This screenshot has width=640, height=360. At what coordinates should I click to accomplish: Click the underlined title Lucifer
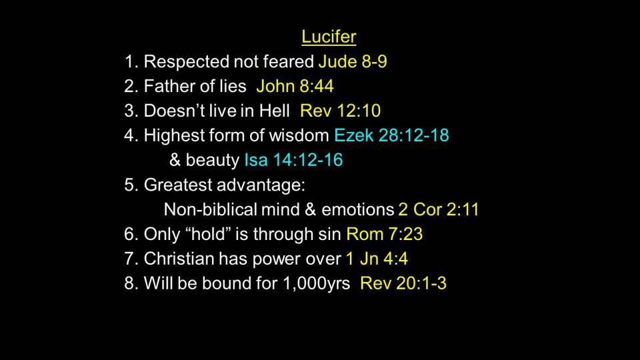329,37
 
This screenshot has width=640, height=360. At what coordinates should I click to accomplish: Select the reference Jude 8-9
353,61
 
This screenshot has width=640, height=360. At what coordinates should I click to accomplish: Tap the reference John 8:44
295,86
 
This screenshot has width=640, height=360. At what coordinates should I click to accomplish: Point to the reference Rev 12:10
341,111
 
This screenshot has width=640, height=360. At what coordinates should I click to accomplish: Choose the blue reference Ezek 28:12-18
391,135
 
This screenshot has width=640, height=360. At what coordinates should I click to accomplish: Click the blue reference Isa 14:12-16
293,159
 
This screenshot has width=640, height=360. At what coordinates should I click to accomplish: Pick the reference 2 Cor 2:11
439,209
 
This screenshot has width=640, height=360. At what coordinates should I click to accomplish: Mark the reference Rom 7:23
385,234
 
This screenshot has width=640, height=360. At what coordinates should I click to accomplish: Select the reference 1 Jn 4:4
377,259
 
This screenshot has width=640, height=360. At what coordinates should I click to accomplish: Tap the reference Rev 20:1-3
403,283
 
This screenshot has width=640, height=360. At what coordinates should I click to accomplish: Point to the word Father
171,86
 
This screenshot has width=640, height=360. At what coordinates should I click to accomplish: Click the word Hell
274,111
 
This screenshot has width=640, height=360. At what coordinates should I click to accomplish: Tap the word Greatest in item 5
178,185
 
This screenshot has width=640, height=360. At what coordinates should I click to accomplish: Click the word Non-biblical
210,209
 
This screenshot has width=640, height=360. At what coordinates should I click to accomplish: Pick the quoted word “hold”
209,234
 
